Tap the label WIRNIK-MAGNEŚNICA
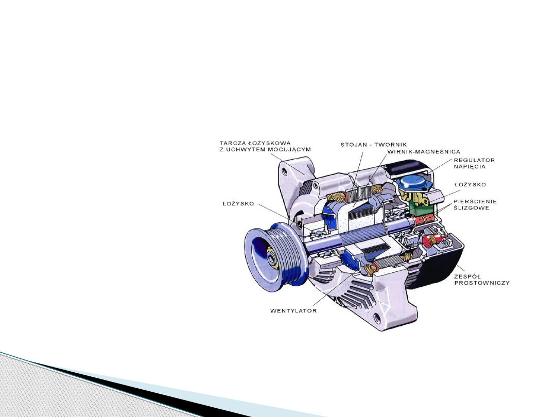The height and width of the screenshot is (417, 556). [x=424, y=152]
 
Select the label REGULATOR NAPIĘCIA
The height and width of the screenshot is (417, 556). [x=474, y=164]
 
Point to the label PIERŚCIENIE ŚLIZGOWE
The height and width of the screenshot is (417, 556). [x=475, y=204]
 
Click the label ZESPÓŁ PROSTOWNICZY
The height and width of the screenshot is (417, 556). [x=481, y=280]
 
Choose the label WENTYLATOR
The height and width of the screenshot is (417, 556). [x=293, y=310]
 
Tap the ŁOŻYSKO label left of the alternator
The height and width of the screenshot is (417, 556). [x=238, y=203]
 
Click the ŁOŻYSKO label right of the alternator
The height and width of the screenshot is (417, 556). [x=470, y=184]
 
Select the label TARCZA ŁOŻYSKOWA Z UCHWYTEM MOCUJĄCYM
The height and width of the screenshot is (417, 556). [x=265, y=146]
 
